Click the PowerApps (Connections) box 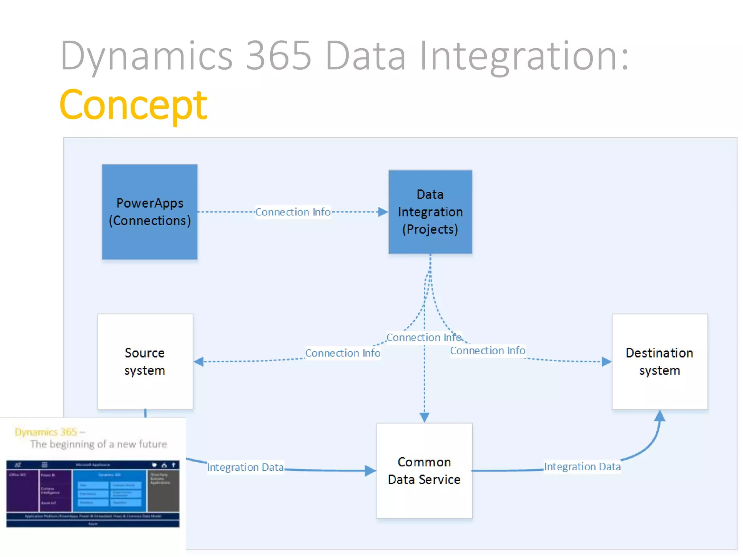(149, 212)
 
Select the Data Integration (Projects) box (430, 212)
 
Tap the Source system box (145, 362)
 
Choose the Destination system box (660, 362)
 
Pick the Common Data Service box (424, 471)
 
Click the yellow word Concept (133, 105)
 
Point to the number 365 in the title (278, 56)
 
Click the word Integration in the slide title (524, 57)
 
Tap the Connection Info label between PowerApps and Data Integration (293, 212)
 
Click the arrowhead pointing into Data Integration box (383, 212)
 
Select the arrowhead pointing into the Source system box (199, 362)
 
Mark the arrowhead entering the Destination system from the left (606, 362)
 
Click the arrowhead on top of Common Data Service (424, 417)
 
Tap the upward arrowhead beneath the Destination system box (660, 416)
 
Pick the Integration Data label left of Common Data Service (245, 467)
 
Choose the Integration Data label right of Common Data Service (582, 466)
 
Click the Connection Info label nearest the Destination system (488, 350)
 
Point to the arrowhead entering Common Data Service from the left (370, 471)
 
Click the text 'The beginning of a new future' (98, 444)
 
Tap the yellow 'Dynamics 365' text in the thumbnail (46, 432)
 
